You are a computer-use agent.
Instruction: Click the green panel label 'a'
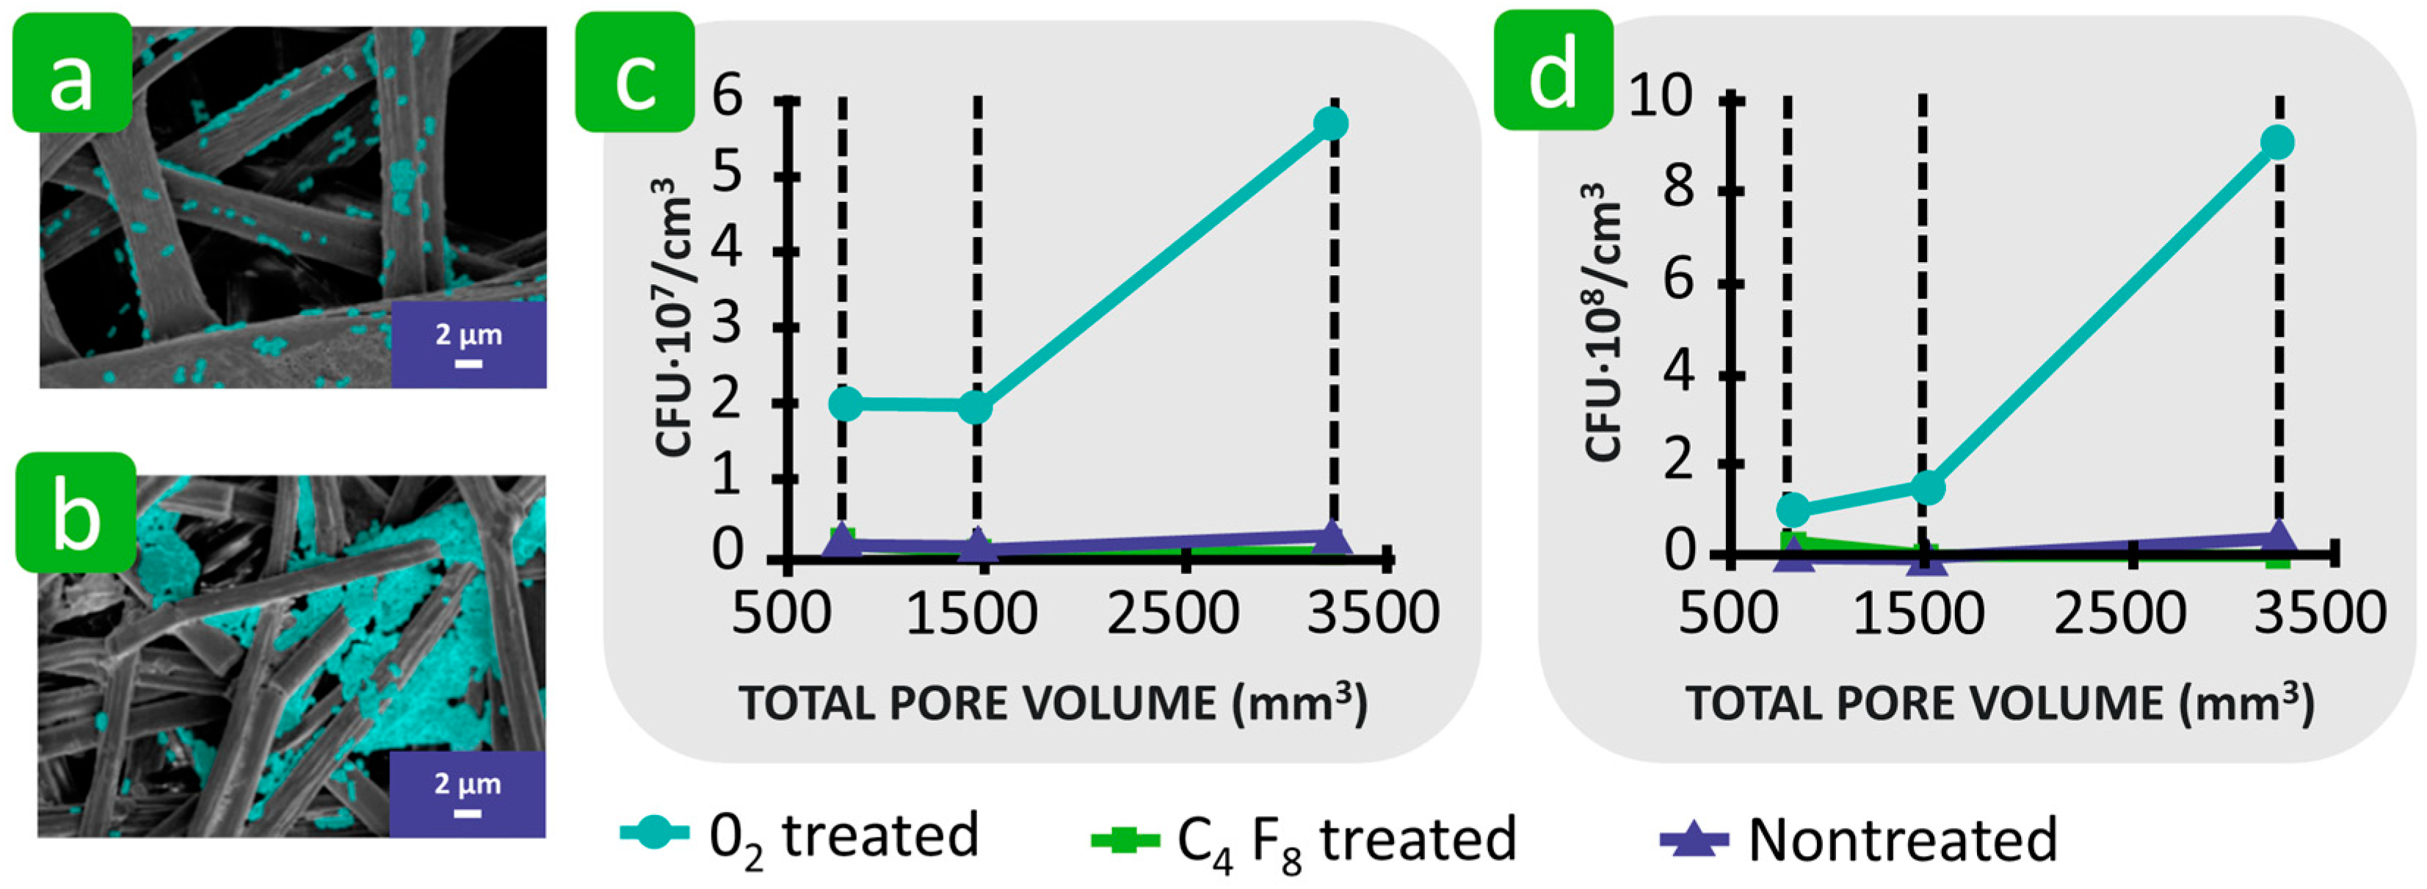(x=72, y=73)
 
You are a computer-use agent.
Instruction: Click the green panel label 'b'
(x=76, y=513)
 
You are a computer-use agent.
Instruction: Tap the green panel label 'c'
(x=635, y=73)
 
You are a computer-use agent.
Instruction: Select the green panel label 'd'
(x=1553, y=70)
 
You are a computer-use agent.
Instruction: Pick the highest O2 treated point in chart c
(x=1331, y=123)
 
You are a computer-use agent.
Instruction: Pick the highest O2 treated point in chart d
(x=2277, y=143)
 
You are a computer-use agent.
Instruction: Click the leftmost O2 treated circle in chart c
(x=845, y=404)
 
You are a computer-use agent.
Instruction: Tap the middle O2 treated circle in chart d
(x=1928, y=487)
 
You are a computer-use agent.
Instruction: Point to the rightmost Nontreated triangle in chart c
(x=1331, y=538)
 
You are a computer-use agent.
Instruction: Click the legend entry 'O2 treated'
(x=801, y=836)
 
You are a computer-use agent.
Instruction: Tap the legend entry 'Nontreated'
(x=1861, y=838)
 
